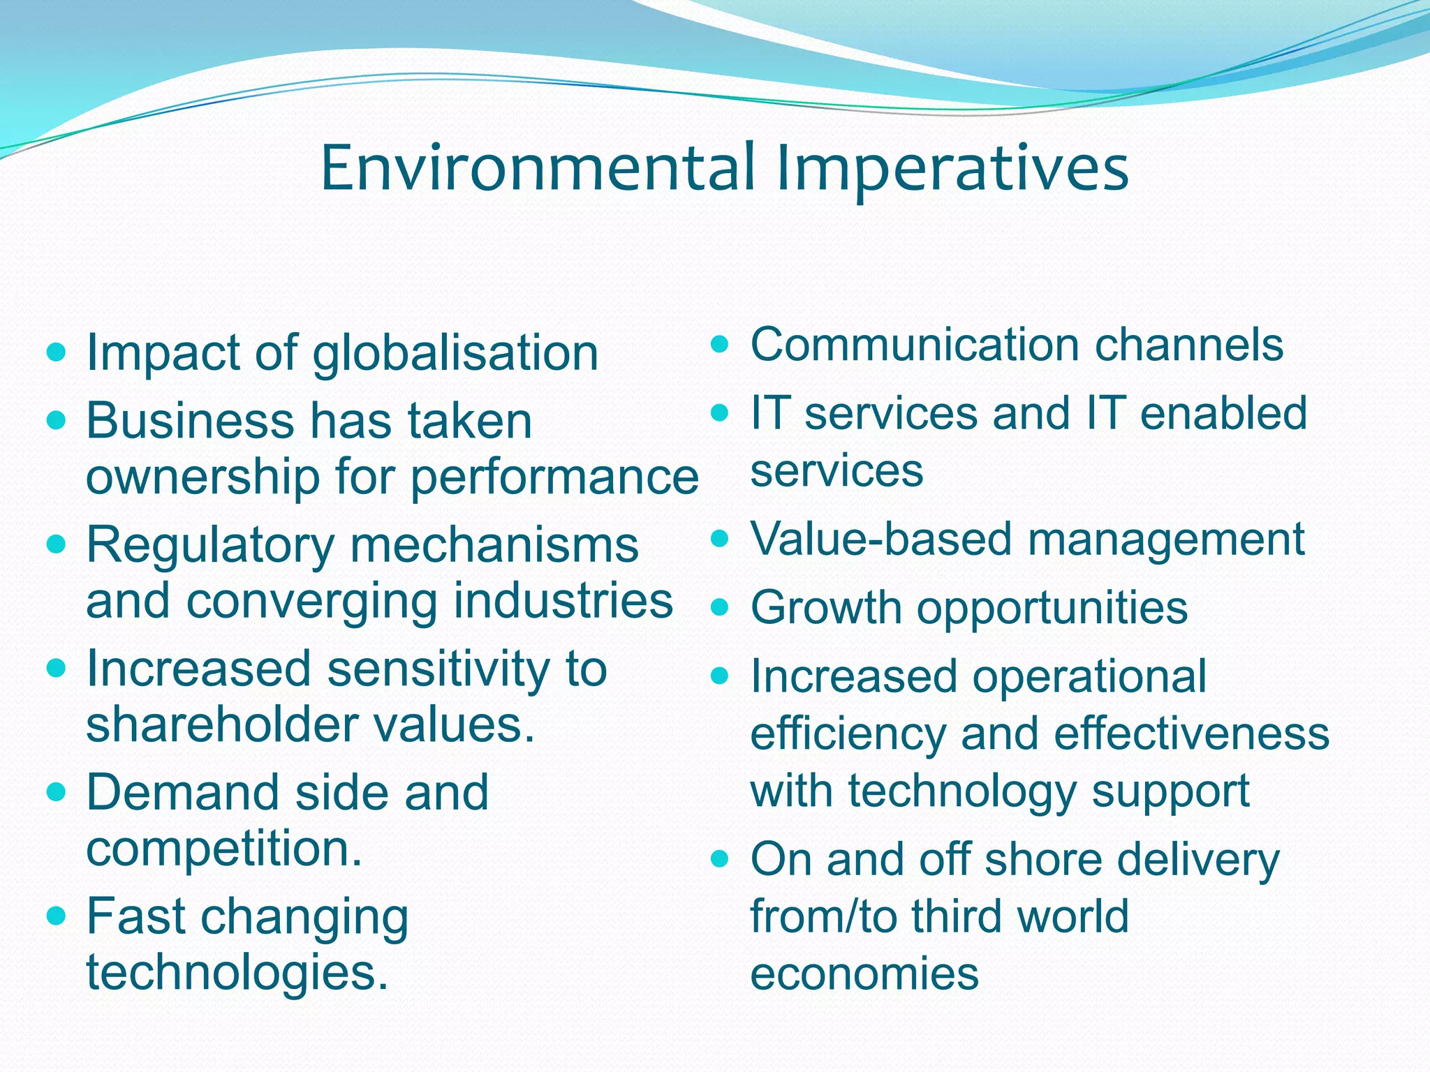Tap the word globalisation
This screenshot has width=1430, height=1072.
(455, 353)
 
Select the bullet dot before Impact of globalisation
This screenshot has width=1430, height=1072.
(56, 351)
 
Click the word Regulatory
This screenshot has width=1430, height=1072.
(210, 546)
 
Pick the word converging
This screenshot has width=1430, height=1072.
(312, 602)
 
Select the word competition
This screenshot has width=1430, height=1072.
(223, 849)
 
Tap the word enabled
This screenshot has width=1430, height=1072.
(1223, 413)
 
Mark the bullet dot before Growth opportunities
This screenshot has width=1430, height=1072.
(720, 606)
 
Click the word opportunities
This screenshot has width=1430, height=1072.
(1052, 609)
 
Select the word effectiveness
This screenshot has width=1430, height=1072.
(1191, 734)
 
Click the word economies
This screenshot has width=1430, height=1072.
(864, 973)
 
